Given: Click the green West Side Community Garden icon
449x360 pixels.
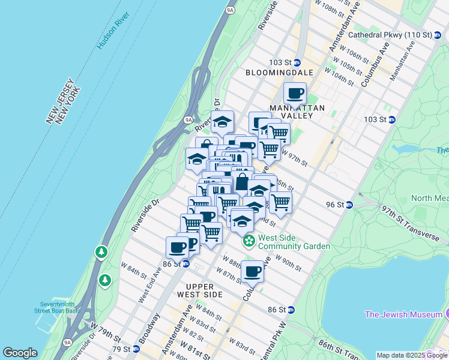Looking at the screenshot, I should click(249, 242).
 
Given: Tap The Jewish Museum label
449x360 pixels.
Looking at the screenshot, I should click(403, 314).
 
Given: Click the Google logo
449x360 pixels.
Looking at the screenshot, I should click(20, 353).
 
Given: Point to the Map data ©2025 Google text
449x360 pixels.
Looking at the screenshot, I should click(412, 355).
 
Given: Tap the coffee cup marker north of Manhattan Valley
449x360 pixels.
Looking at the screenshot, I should click(295, 94).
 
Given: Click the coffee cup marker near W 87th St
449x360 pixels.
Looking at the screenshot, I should click(253, 272).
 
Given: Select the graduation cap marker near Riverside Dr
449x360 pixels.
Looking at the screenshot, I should click(222, 122).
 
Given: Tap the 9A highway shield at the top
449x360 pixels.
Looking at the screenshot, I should click(230, 10).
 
